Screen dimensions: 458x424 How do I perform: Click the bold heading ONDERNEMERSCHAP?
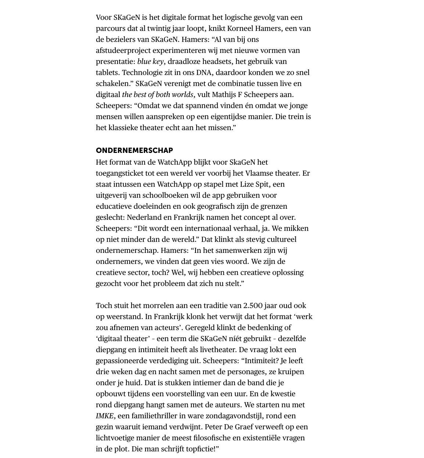pyautogui.click(x=134, y=150)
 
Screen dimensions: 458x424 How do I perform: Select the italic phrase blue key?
pyautogui.click(x=150, y=61)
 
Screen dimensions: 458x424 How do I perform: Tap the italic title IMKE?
pyautogui.click(x=105, y=416)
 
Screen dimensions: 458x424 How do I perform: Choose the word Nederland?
pyautogui.click(x=144, y=217)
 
